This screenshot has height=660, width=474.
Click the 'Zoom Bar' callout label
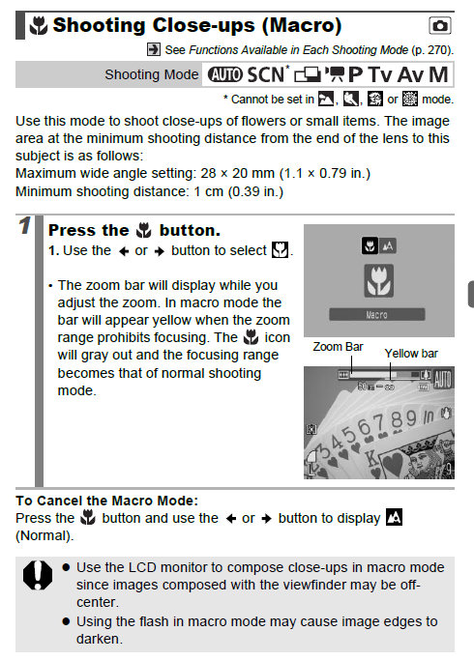(338, 346)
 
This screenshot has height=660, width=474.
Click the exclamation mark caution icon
(38, 577)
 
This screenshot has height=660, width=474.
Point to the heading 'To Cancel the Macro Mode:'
(107, 500)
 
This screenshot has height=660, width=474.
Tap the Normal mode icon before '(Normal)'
(394, 518)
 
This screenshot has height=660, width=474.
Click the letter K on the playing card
(374, 458)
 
